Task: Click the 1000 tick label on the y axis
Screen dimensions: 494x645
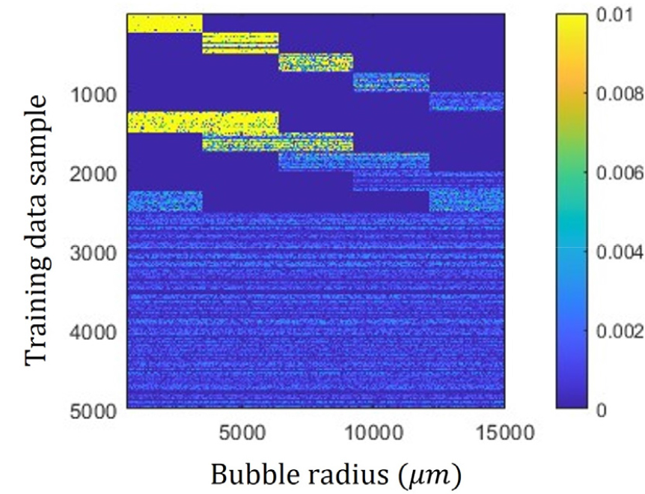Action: tap(94, 93)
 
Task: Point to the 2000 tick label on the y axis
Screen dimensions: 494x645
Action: tap(94, 172)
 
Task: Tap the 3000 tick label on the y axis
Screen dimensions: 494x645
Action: tap(94, 251)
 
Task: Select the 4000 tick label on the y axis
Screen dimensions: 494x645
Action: tap(94, 330)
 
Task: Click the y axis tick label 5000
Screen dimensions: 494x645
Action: tap(94, 409)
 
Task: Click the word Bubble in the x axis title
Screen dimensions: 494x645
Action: tap(248, 475)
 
